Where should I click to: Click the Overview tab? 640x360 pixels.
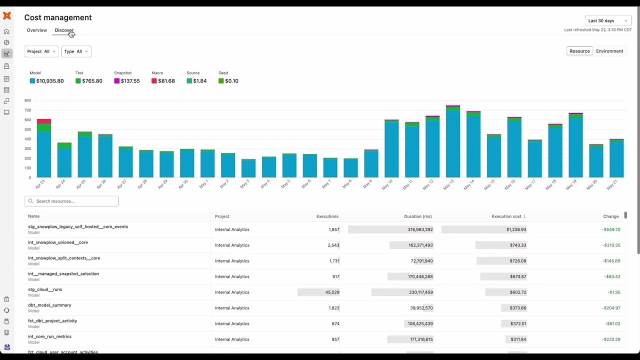point(37,30)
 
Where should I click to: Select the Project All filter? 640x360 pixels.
point(41,51)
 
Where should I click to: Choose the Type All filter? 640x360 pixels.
point(76,51)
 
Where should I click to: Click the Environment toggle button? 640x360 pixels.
point(609,51)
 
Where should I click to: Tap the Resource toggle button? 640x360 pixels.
point(579,51)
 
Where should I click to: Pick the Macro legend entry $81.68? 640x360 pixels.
point(166,81)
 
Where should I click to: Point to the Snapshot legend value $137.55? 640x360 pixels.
point(130,81)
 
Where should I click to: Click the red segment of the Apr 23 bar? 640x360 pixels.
point(44,121)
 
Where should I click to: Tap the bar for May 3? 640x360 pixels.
point(248,168)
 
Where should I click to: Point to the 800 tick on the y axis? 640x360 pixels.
point(28,100)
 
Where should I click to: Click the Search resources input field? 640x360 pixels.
point(75,201)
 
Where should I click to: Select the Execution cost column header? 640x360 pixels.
point(506,216)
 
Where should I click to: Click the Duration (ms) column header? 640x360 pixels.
point(417,216)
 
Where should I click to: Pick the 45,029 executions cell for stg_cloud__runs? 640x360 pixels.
point(332,292)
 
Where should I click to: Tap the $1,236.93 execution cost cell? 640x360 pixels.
point(516,229)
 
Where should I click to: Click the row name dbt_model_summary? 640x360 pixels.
point(49,305)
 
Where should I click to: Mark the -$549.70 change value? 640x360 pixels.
point(611,229)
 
